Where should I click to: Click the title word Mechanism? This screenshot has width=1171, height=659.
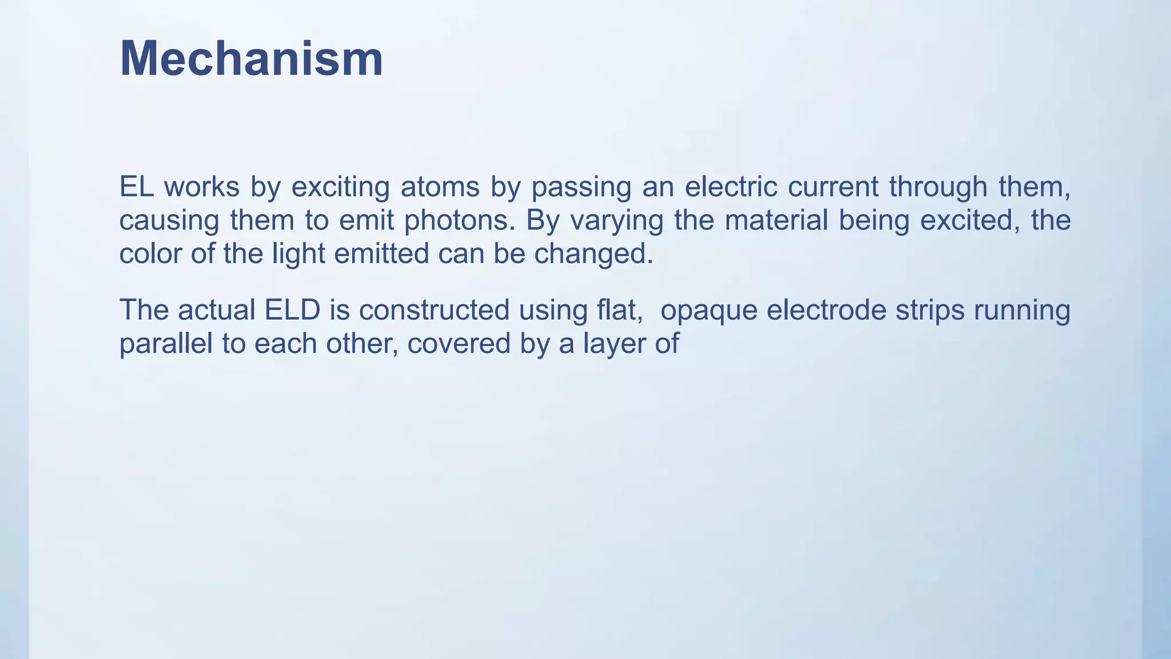point(251,59)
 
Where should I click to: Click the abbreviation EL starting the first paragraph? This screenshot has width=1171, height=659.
point(136,186)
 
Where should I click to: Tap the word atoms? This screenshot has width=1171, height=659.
point(440,186)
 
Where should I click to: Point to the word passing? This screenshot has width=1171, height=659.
point(581,188)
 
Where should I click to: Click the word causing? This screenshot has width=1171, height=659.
point(169,221)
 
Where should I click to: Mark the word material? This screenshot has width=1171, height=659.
point(776,220)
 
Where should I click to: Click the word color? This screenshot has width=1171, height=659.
point(150,253)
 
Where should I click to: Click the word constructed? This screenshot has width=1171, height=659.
point(434,310)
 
